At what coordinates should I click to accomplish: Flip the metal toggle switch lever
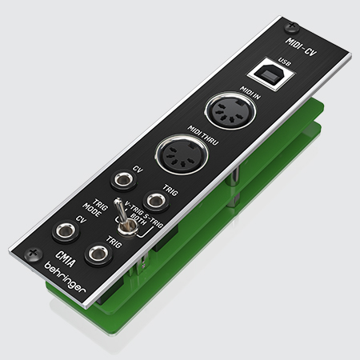point(121,210)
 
